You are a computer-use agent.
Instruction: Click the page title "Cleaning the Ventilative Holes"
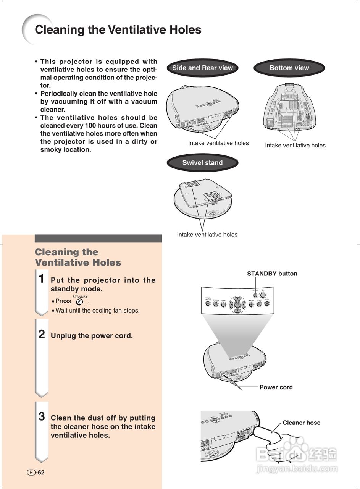click(x=118, y=30)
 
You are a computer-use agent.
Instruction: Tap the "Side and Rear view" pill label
click(x=202, y=68)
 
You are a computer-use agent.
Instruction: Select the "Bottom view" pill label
click(x=289, y=68)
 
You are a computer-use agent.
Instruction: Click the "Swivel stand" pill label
click(x=202, y=163)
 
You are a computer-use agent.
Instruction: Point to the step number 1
click(x=42, y=279)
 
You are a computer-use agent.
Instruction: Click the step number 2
click(x=42, y=335)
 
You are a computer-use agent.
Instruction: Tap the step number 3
click(x=42, y=416)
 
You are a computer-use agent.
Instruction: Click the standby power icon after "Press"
click(x=79, y=301)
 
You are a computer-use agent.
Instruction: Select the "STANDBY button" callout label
click(x=272, y=274)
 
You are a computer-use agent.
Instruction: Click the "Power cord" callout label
click(x=276, y=387)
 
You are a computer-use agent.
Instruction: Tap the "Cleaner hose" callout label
click(x=301, y=423)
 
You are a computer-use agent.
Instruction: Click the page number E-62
click(x=36, y=473)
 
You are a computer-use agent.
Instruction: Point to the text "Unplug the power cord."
click(x=92, y=336)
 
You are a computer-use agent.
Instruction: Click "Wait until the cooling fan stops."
click(x=97, y=311)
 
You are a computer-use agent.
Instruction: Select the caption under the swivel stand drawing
click(x=207, y=235)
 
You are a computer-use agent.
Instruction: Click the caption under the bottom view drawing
click(x=295, y=145)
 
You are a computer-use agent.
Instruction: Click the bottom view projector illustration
click(x=289, y=107)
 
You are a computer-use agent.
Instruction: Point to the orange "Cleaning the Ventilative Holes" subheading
click(x=78, y=257)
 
